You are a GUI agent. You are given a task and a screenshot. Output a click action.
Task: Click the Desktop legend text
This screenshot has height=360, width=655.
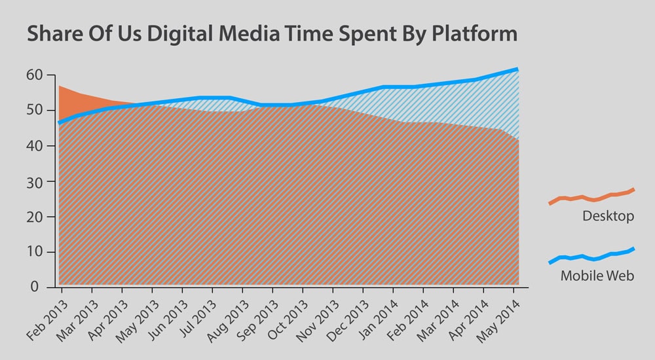pos(608,216)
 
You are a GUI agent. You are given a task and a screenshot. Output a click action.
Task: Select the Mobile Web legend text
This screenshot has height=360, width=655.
pos(597,276)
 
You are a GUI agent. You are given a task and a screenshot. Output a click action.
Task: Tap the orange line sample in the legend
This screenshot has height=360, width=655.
pos(591,196)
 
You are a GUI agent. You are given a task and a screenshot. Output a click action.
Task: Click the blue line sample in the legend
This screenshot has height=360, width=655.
pos(591,257)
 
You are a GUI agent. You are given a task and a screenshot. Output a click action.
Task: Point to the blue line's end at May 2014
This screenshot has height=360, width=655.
pos(517,69)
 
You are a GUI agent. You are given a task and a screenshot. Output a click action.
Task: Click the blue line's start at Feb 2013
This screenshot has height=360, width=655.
pos(60,122)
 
